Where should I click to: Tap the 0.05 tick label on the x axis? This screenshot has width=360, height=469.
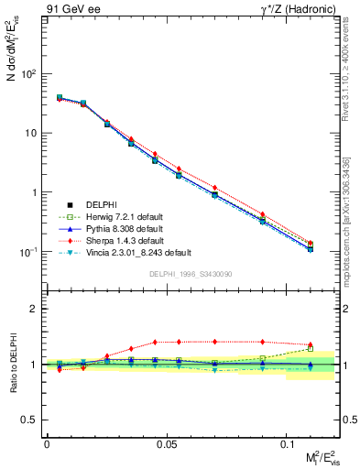pos(167,443)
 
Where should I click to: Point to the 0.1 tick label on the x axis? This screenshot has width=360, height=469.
pos(287,443)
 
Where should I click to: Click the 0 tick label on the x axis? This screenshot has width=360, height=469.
pos(47,443)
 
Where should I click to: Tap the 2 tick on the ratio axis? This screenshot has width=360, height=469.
pos(32,309)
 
